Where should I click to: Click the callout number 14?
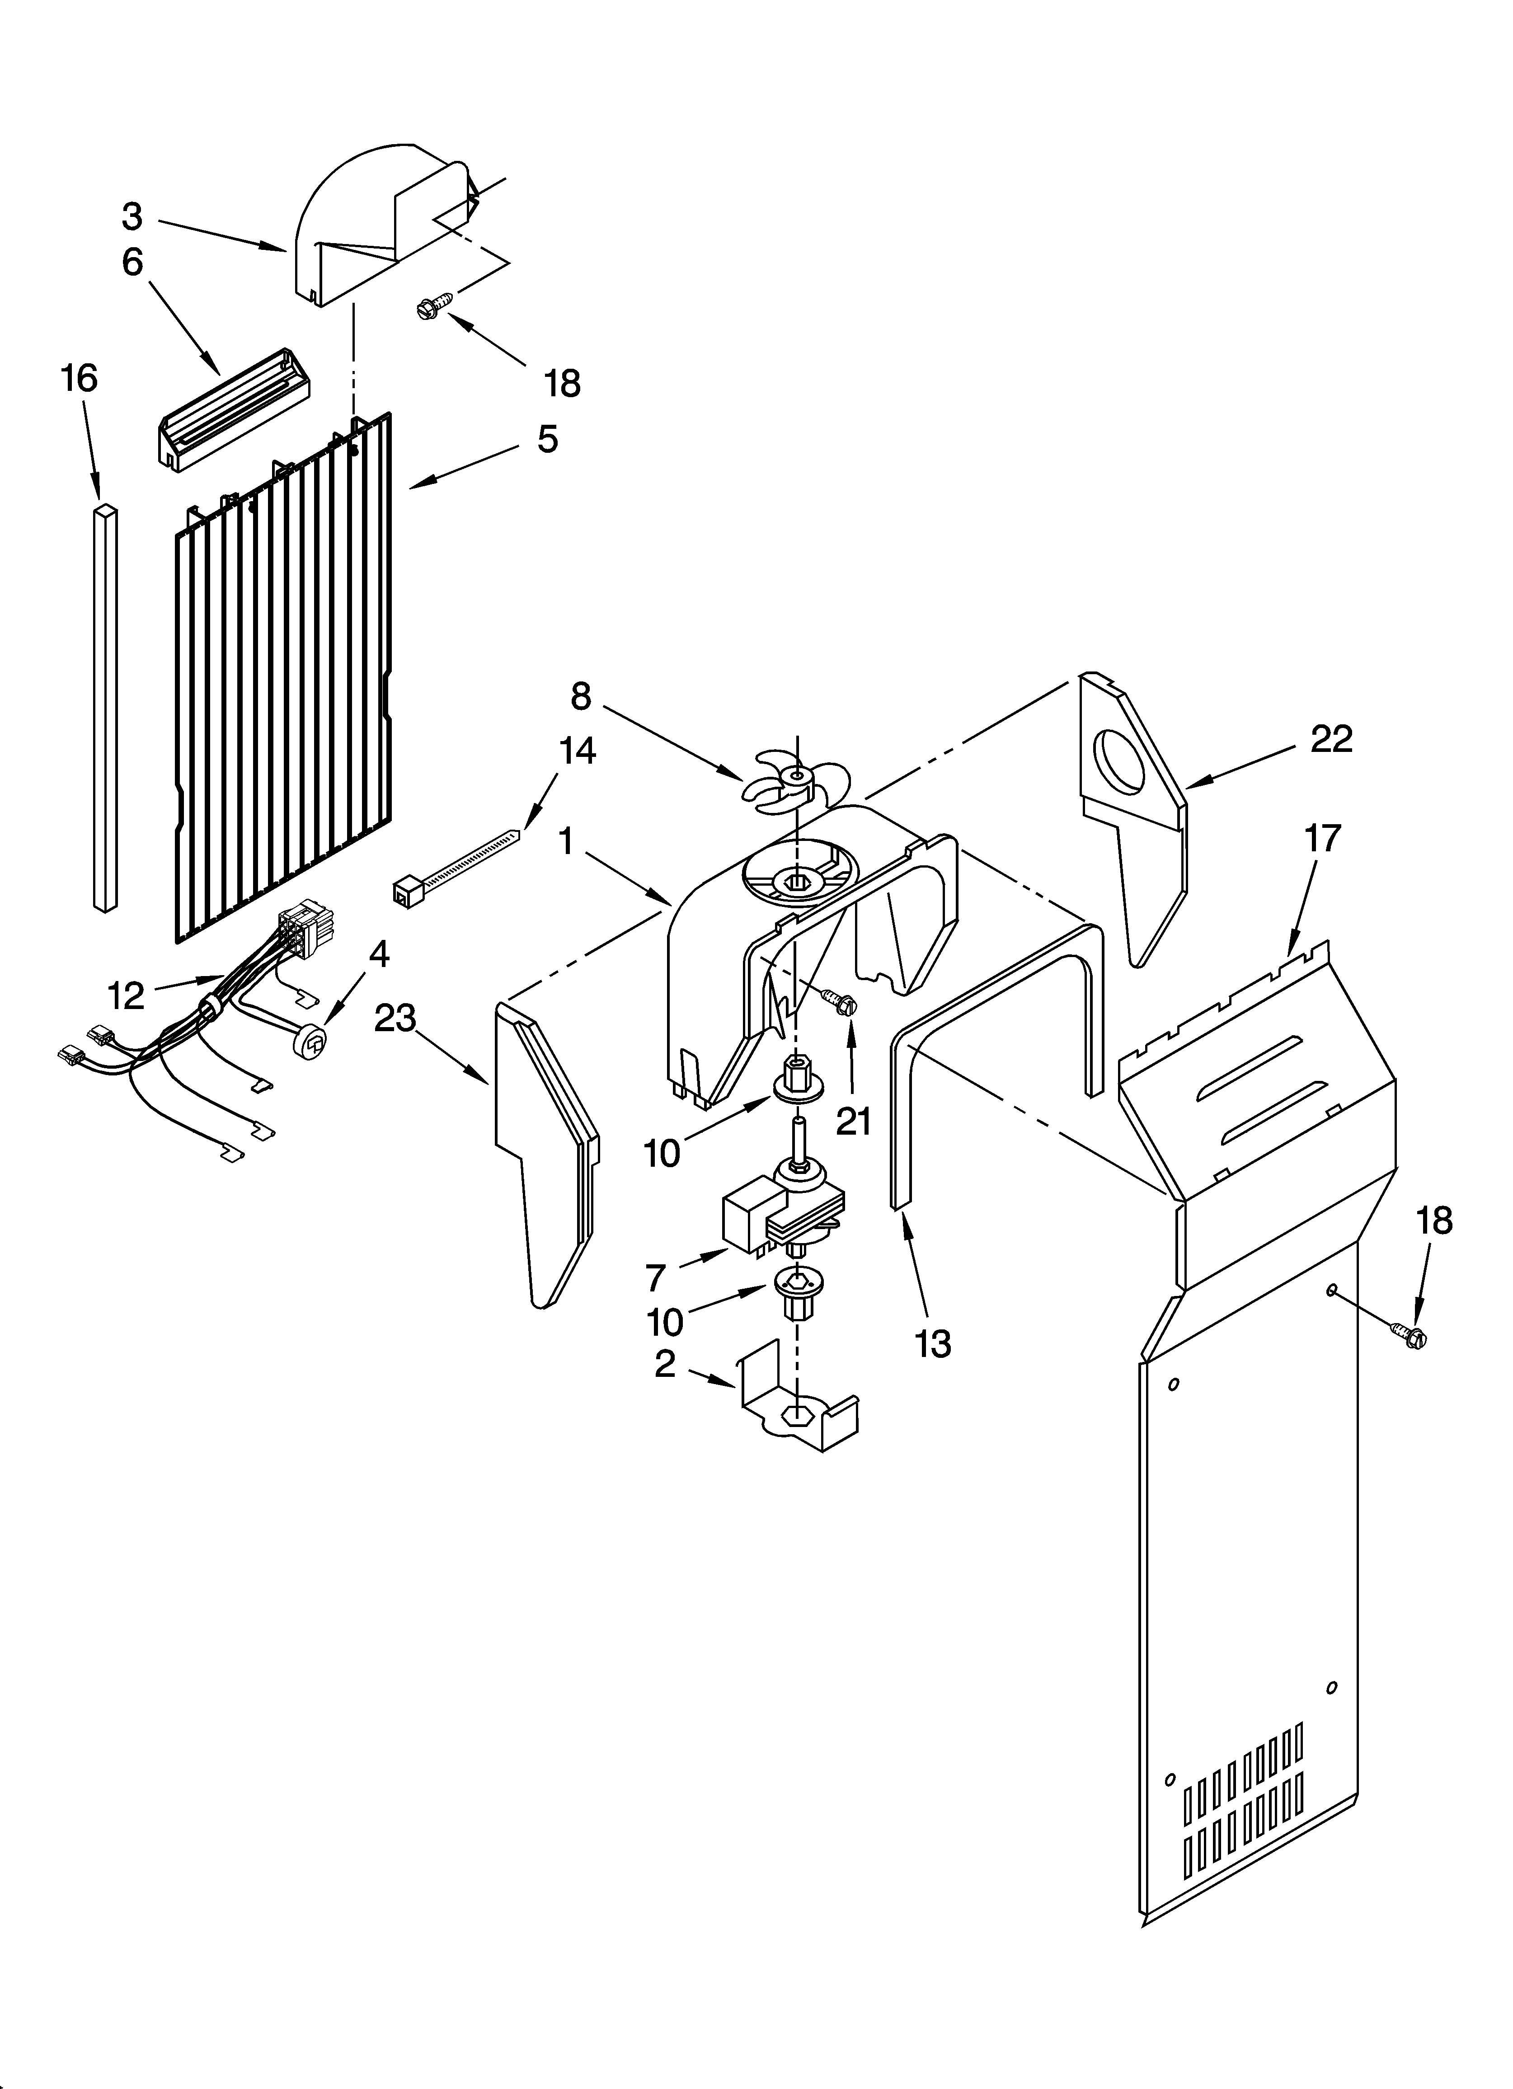(577, 751)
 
